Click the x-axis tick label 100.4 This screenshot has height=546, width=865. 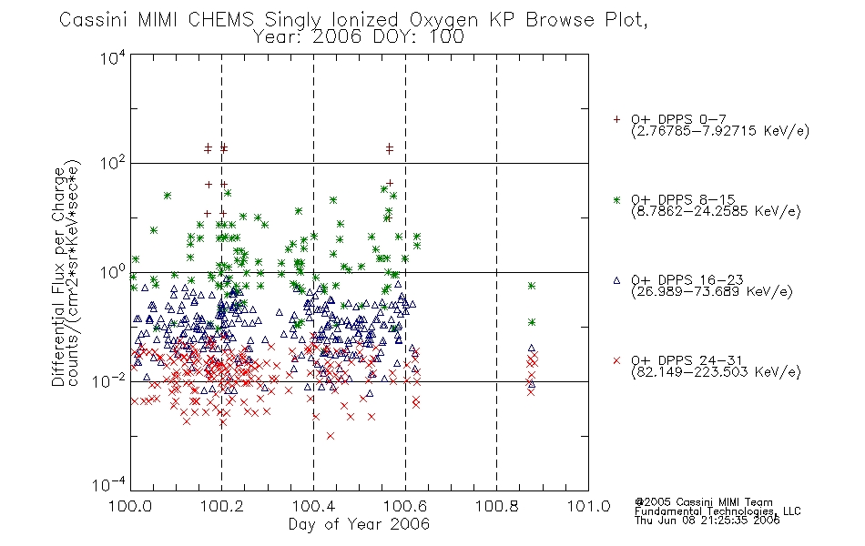tap(314, 506)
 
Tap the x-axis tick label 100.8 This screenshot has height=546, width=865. tap(497, 506)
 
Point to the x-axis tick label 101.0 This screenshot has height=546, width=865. tap(588, 506)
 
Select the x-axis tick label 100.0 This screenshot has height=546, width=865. tap(130, 506)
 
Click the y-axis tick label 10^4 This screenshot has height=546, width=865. tap(113, 58)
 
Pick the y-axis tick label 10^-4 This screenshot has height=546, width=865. tap(109, 485)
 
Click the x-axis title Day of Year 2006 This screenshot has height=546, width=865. tap(359, 524)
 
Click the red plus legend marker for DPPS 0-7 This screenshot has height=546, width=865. tap(616, 119)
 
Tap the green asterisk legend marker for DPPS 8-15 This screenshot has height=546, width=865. tap(616, 199)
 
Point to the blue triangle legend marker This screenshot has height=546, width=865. tap(616, 280)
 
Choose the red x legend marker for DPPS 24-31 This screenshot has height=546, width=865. tap(616, 360)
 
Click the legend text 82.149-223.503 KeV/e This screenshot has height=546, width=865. tap(716, 372)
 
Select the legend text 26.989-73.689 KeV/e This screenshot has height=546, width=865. tap(712, 292)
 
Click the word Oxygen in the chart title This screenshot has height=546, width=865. tap(444, 20)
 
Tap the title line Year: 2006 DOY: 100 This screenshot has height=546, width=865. tap(359, 37)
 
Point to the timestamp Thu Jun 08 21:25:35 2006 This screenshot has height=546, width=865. tap(707, 521)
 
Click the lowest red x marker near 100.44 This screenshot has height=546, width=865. tap(331, 436)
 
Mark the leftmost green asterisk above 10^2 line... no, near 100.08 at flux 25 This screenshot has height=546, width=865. tap(168, 196)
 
